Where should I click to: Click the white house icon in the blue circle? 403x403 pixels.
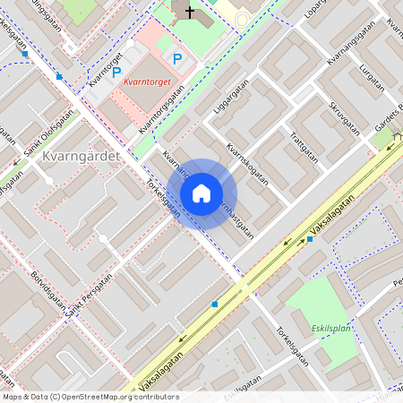201,193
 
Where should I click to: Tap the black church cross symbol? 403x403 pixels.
188,12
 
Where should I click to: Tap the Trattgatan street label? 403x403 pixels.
304,142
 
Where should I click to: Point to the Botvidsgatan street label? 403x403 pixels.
45,287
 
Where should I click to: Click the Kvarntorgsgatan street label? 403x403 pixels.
161,108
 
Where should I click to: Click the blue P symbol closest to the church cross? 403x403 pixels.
177,59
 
